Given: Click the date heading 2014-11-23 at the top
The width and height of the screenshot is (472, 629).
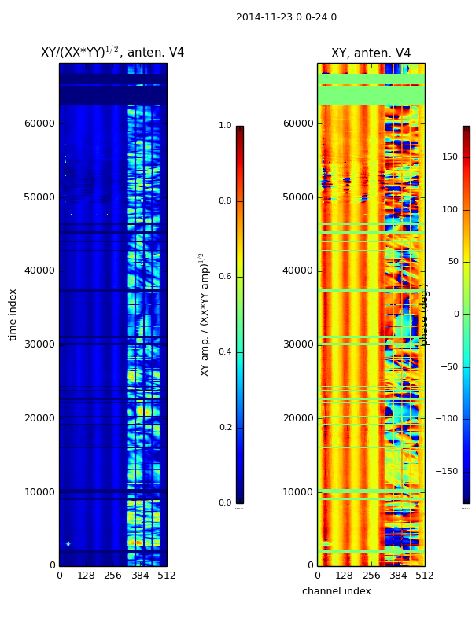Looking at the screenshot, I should click(x=286, y=17).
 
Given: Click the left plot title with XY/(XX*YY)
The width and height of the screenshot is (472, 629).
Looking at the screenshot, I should click(x=112, y=53).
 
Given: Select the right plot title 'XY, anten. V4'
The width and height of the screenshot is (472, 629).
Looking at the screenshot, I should click(x=371, y=53).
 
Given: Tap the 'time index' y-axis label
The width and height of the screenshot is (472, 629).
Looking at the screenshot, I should click(x=13, y=314).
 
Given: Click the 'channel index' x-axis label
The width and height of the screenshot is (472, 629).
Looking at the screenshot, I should click(x=336, y=591).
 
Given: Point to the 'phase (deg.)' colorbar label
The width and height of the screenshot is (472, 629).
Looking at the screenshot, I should click(x=425, y=314).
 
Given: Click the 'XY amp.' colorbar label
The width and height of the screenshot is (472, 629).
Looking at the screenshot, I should click(x=205, y=314).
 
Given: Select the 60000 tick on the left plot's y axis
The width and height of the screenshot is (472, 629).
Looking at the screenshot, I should click(x=39, y=123).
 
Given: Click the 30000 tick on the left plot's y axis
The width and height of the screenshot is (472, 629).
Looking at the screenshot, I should click(x=39, y=344).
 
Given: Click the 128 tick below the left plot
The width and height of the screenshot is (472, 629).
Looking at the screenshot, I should click(x=86, y=576).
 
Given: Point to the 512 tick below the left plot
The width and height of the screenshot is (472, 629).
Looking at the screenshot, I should click(x=166, y=576).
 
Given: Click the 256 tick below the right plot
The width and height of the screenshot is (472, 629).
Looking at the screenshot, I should click(x=371, y=576).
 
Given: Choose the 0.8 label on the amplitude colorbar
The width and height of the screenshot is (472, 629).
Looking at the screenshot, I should click(x=225, y=201).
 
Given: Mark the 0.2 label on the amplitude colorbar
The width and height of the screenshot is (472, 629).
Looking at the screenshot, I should click(x=225, y=428).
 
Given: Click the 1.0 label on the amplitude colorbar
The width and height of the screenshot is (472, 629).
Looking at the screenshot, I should click(x=225, y=126).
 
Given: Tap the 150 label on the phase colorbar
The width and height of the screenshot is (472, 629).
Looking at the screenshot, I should click(x=450, y=157).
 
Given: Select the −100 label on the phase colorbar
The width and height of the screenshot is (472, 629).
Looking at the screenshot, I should click(x=448, y=419).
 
